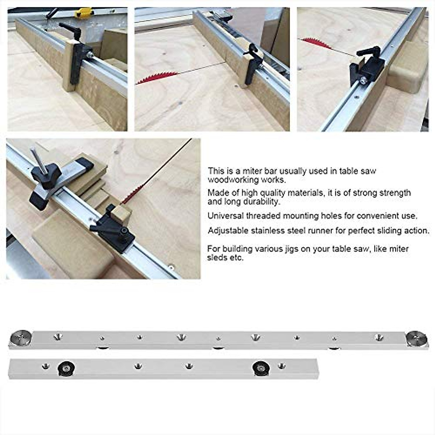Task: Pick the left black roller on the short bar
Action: [66, 368]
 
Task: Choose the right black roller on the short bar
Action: [261, 368]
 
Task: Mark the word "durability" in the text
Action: [261, 202]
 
